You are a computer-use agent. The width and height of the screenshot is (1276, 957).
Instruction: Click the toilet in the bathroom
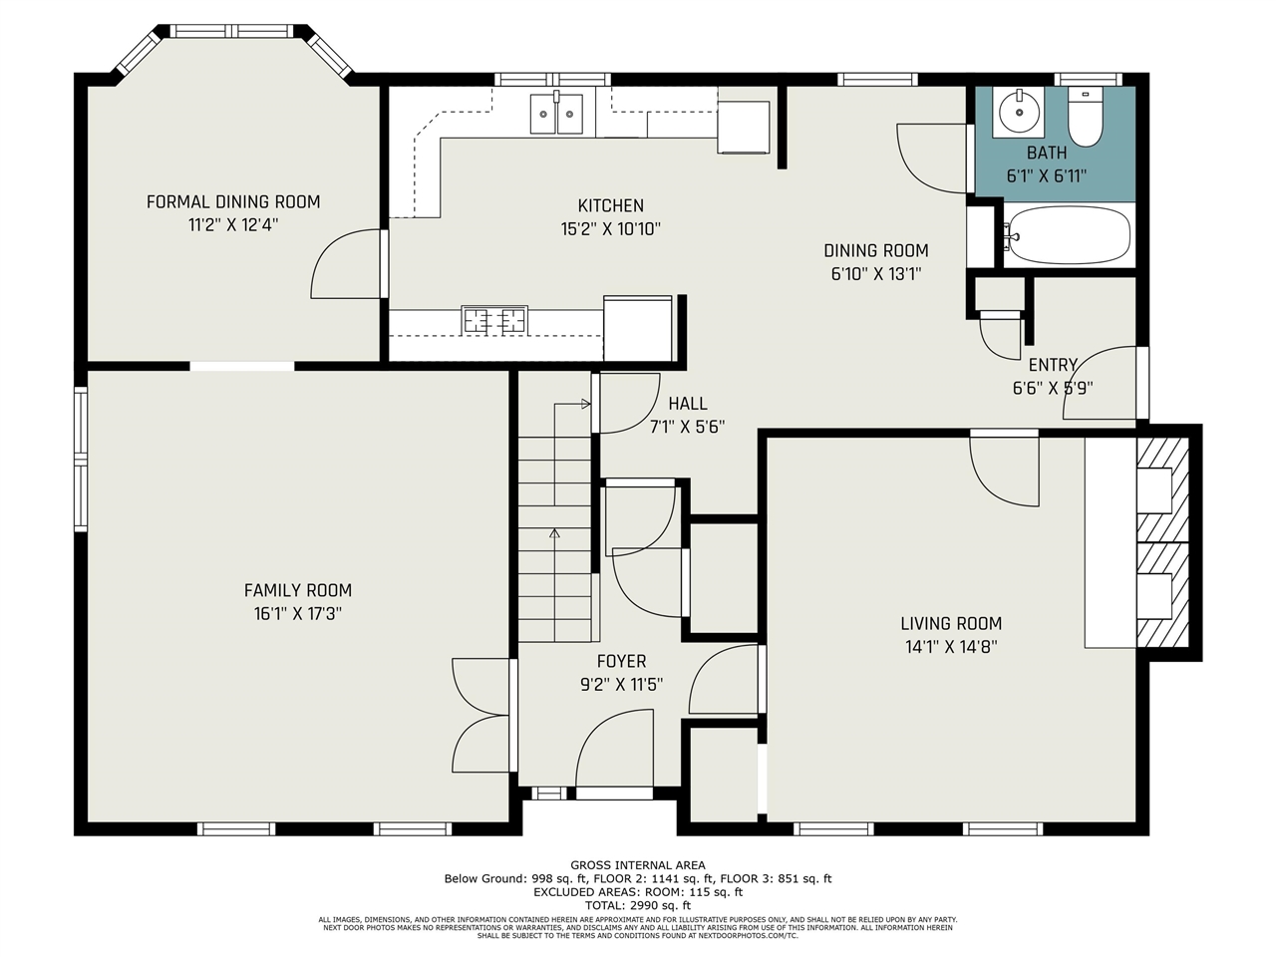tap(1086, 117)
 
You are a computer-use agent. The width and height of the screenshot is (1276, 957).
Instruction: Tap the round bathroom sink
tap(1019, 112)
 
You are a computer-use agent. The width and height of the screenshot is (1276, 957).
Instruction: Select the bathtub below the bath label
tap(1069, 235)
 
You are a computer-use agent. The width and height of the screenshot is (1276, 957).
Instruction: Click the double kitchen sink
tap(556, 114)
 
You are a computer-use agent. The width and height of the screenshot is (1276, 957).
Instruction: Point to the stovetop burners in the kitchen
tap(494, 320)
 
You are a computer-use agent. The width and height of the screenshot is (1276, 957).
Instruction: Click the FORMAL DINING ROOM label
tap(233, 201)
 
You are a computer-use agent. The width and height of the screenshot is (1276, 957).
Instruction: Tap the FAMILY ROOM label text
tap(298, 590)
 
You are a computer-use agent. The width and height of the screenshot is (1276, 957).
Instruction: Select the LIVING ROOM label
tap(951, 623)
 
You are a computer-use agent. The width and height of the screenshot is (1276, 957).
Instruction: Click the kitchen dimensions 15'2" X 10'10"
tap(610, 229)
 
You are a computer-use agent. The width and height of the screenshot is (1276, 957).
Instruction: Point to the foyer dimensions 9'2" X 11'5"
tap(621, 685)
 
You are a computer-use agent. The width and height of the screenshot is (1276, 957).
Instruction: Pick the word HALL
tap(688, 404)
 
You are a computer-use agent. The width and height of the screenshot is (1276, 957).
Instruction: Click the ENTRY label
tap(1053, 365)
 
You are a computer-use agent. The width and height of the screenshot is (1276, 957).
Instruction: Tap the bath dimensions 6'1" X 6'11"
tap(1047, 176)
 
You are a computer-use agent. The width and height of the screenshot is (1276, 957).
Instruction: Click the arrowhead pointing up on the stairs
tap(554, 532)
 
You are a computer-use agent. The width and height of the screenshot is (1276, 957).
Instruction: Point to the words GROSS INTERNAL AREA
tap(638, 865)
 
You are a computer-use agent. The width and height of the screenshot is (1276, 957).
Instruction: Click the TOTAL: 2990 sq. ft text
tap(638, 905)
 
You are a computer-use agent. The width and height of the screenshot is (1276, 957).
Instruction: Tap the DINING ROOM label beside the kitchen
tap(876, 250)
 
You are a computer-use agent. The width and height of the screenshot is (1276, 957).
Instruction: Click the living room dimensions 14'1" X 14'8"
tap(951, 647)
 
